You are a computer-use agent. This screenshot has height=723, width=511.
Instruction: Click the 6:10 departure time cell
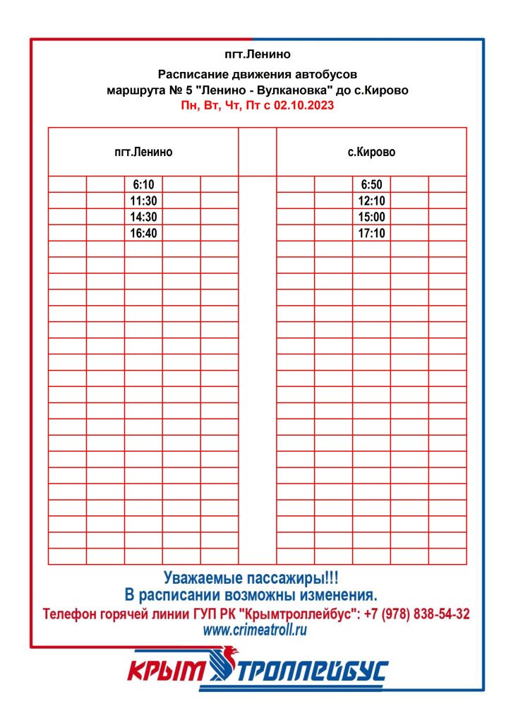143,184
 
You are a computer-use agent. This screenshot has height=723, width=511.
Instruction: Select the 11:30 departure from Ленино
143,201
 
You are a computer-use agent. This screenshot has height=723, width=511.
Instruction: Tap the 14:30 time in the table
143,217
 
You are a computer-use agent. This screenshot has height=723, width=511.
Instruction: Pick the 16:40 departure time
143,233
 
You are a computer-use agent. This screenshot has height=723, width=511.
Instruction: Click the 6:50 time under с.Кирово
371,184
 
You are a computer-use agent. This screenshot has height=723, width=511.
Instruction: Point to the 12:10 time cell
371,201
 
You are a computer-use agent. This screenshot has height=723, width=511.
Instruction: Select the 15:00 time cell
371,217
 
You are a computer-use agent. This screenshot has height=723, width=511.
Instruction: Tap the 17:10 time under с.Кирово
371,233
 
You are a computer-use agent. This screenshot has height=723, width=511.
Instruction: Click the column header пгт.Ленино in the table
143,152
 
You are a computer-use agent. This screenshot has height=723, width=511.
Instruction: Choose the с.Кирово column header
372,152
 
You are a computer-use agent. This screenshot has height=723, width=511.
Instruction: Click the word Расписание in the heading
191,74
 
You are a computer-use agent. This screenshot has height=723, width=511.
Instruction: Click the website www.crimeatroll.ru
255,631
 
